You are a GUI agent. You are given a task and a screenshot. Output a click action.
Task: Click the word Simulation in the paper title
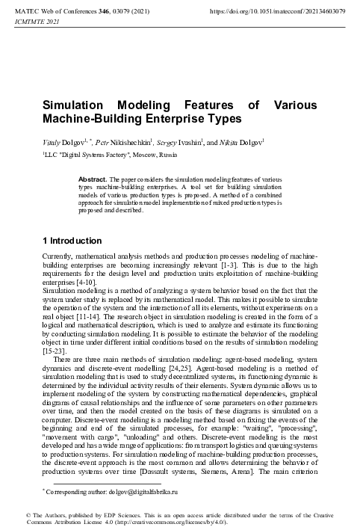point(79,105)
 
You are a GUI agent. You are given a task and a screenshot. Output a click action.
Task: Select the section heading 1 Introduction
point(72,241)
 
